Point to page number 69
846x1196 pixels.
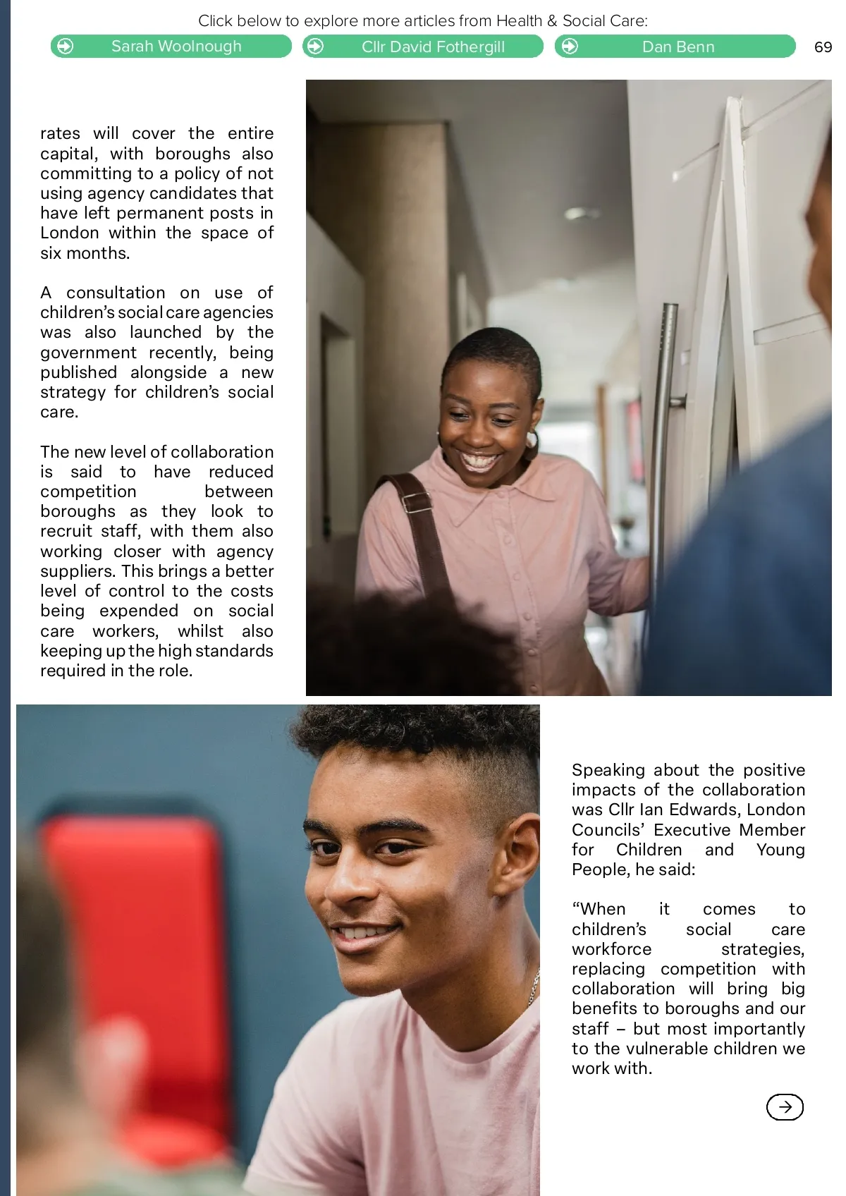[x=823, y=47]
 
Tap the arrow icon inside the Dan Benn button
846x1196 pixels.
[x=570, y=47]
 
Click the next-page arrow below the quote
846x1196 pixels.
[x=784, y=1106]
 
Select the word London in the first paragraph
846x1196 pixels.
[x=69, y=233]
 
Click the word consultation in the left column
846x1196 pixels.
[x=116, y=293]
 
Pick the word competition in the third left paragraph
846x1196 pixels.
[x=88, y=492]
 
